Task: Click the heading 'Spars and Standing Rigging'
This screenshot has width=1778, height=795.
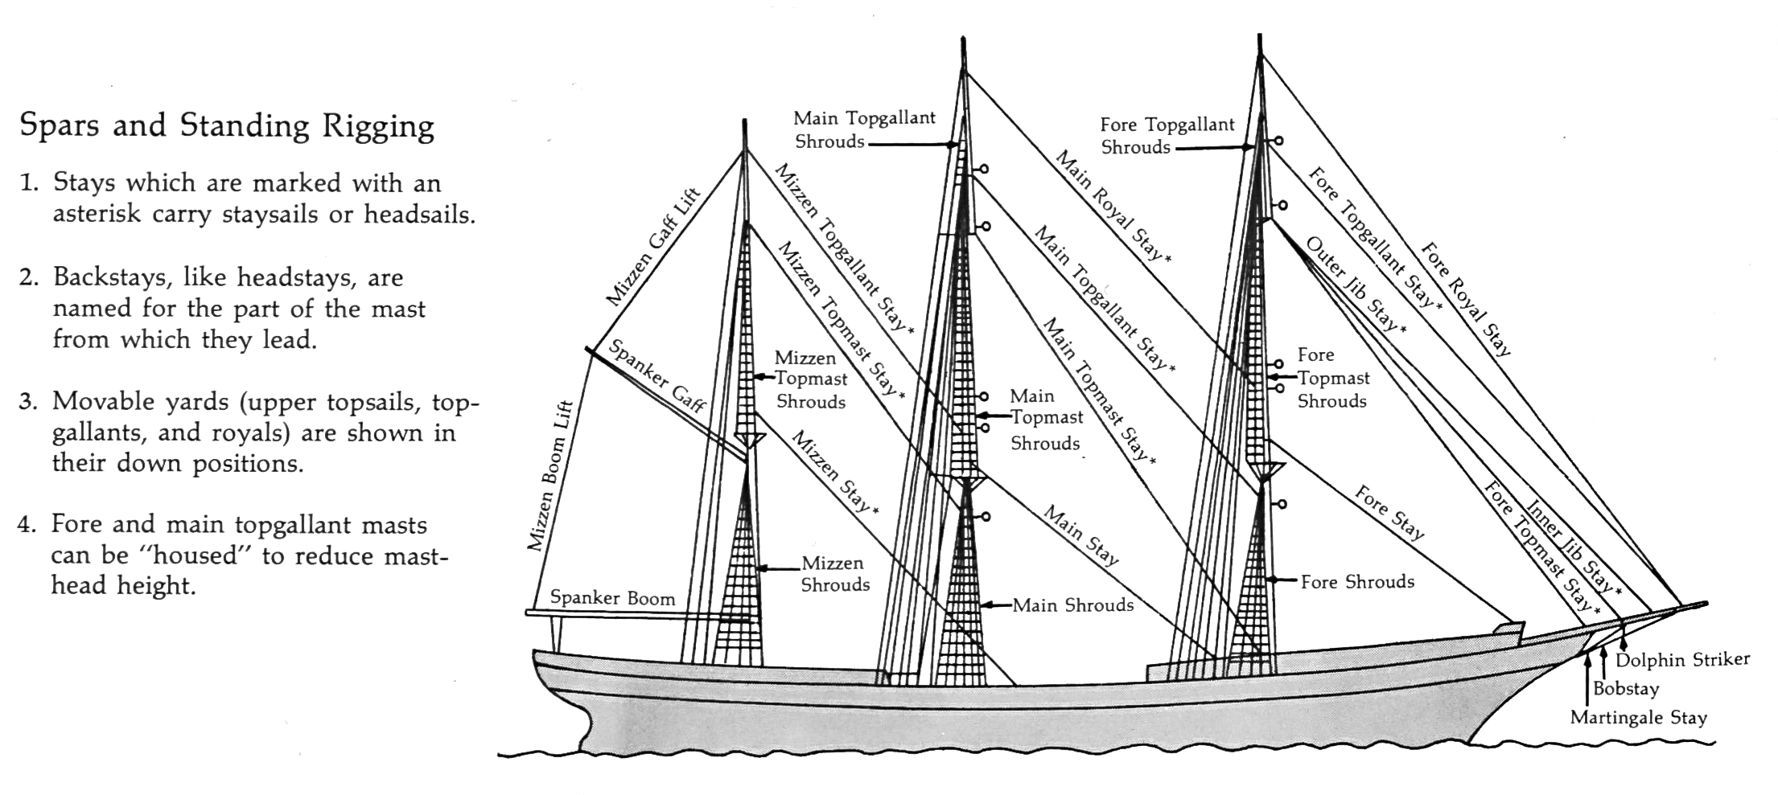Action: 227,127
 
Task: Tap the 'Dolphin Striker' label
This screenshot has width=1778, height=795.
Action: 1682,660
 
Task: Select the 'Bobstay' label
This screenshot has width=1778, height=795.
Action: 1625,689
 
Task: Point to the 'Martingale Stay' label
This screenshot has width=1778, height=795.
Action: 1638,717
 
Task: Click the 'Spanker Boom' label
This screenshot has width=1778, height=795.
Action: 612,598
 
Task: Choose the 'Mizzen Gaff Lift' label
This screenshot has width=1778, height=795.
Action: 652,248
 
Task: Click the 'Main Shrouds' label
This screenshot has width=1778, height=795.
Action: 1072,605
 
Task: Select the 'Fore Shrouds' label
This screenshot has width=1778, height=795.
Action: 1357,581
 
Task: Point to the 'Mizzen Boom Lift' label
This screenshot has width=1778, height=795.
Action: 550,476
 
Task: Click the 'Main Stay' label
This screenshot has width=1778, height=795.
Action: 1081,535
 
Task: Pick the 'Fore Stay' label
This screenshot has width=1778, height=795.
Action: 1389,512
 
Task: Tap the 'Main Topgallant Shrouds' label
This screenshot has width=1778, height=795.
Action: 864,129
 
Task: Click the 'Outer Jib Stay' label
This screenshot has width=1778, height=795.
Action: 1355,285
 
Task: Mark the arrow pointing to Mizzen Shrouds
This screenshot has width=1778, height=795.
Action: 773,569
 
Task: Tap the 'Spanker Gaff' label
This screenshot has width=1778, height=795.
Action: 656,375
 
